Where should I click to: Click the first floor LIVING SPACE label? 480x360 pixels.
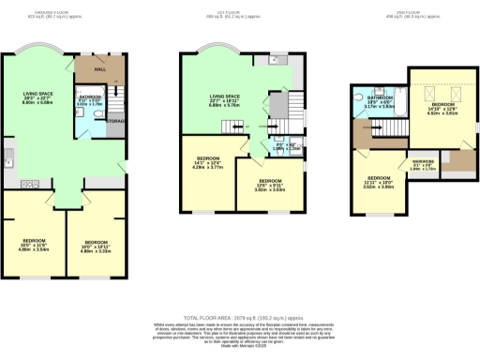pos(227,100)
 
